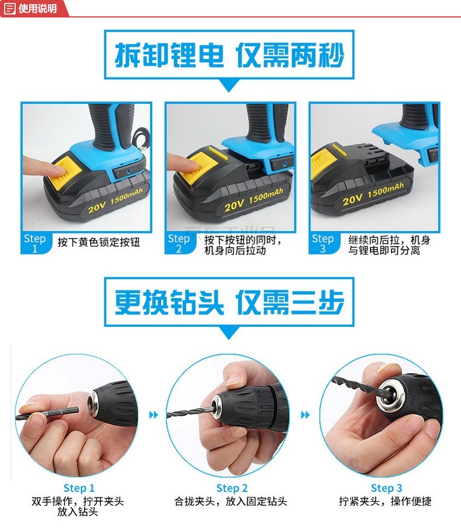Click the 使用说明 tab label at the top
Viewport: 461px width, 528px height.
click(37, 8)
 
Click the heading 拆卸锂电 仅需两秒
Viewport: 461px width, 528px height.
click(229, 55)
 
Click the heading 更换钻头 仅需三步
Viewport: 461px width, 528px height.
click(229, 302)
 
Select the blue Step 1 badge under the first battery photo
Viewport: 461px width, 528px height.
click(35, 243)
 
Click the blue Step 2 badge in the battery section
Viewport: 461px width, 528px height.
click(179, 243)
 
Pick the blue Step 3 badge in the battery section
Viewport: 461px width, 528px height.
click(323, 243)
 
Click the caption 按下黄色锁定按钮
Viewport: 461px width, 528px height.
click(99, 242)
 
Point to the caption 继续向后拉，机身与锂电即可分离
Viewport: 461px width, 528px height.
click(389, 245)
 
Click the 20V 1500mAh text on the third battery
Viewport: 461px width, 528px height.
click(373, 195)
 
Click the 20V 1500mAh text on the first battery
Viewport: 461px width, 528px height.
click(115, 201)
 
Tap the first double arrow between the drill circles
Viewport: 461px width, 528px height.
click(153, 414)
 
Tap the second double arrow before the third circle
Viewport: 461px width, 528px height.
click(305, 414)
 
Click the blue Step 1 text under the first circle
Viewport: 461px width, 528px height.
click(79, 488)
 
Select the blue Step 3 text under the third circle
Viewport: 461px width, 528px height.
click(386, 488)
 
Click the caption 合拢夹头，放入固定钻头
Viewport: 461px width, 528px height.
click(230, 501)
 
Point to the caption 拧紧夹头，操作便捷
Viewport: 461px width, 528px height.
click(385, 501)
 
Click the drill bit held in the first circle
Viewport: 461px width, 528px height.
click(47, 414)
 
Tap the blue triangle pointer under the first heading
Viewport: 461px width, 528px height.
click(229, 85)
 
